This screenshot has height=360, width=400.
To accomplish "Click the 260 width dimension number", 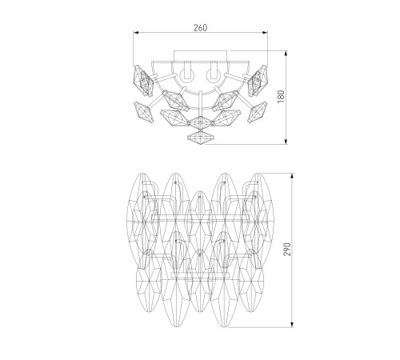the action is [200, 28].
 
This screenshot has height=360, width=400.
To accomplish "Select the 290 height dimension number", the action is [287, 249].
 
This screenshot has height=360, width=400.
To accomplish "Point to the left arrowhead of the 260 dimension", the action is [136, 33].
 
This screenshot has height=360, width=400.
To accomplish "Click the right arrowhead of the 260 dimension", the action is [265, 33].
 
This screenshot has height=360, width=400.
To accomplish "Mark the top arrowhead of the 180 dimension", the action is [286, 54].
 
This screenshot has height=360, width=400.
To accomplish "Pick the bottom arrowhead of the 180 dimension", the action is [286, 142].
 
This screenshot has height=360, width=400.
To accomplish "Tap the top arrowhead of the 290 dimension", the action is [293, 176].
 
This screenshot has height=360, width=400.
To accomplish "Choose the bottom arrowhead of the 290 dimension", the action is [293, 324].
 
